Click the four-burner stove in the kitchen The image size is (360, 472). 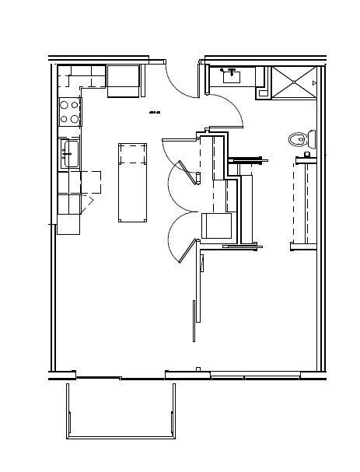70,112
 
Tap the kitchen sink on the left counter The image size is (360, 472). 68,152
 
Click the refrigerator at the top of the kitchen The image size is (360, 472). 123,82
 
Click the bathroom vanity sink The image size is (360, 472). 232,77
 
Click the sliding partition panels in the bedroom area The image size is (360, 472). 196,299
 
